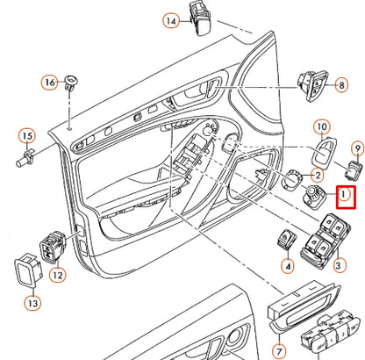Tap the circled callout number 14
(171, 20)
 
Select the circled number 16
(50, 83)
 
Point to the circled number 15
(26, 136)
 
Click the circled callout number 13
(33, 304)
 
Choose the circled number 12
(58, 276)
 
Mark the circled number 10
(321, 127)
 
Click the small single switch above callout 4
(286, 239)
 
